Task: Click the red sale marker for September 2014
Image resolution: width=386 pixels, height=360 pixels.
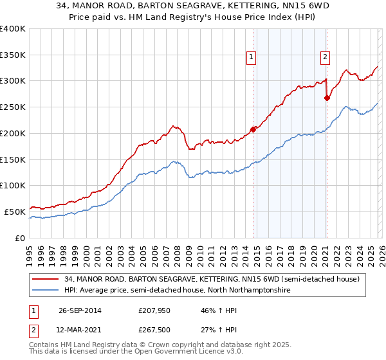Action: (x=253, y=129)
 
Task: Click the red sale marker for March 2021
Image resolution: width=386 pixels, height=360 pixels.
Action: (x=327, y=98)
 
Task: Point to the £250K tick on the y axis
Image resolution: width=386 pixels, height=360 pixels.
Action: (x=13, y=107)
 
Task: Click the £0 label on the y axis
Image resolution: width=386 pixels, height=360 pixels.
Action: (x=21, y=238)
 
